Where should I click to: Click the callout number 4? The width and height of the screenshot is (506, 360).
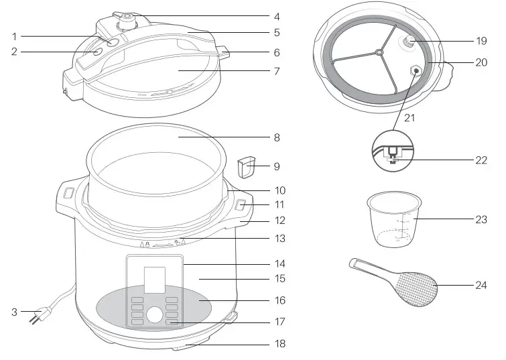pyautogui.click(x=277, y=16)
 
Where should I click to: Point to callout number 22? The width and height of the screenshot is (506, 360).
pyautogui.click(x=481, y=160)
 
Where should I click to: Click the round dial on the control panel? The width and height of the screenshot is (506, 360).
pyautogui.click(x=155, y=315)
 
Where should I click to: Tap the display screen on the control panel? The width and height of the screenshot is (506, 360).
pyautogui.click(x=155, y=278)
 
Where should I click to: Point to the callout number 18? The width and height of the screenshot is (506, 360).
pyautogui.click(x=280, y=344)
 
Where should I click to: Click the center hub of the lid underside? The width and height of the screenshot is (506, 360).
pyautogui.click(x=379, y=51)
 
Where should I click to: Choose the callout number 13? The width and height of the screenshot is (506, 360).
pyautogui.click(x=280, y=238)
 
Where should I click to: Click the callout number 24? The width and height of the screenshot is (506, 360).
pyautogui.click(x=481, y=285)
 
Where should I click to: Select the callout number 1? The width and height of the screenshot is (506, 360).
pyautogui.click(x=14, y=36)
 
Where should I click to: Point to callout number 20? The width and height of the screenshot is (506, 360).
pyautogui.click(x=481, y=62)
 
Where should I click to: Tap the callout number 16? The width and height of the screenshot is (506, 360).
pyautogui.click(x=280, y=301)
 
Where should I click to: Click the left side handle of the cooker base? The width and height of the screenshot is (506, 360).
pyautogui.click(x=68, y=194)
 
